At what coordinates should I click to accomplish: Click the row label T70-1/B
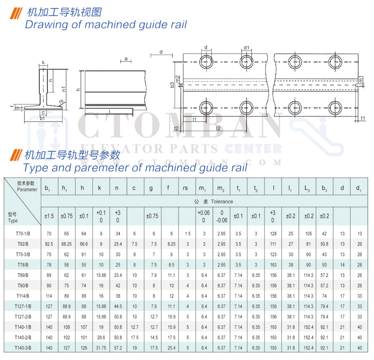(22, 233)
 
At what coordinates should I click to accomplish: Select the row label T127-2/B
(22, 316)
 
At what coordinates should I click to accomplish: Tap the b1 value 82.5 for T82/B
(48, 243)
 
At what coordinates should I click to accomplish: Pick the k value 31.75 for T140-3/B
(101, 347)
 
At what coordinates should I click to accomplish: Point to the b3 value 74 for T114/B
(324, 296)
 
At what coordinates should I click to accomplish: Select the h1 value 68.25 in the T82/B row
(66, 243)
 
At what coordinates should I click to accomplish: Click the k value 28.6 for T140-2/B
(101, 337)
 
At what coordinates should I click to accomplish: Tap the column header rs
(186, 188)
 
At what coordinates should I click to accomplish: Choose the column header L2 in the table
(307, 188)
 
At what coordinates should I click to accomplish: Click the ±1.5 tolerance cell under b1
(50, 216)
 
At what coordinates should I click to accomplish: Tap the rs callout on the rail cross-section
(61, 101)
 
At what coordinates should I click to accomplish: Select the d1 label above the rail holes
(246, 48)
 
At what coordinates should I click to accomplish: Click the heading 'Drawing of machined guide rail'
(106, 24)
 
